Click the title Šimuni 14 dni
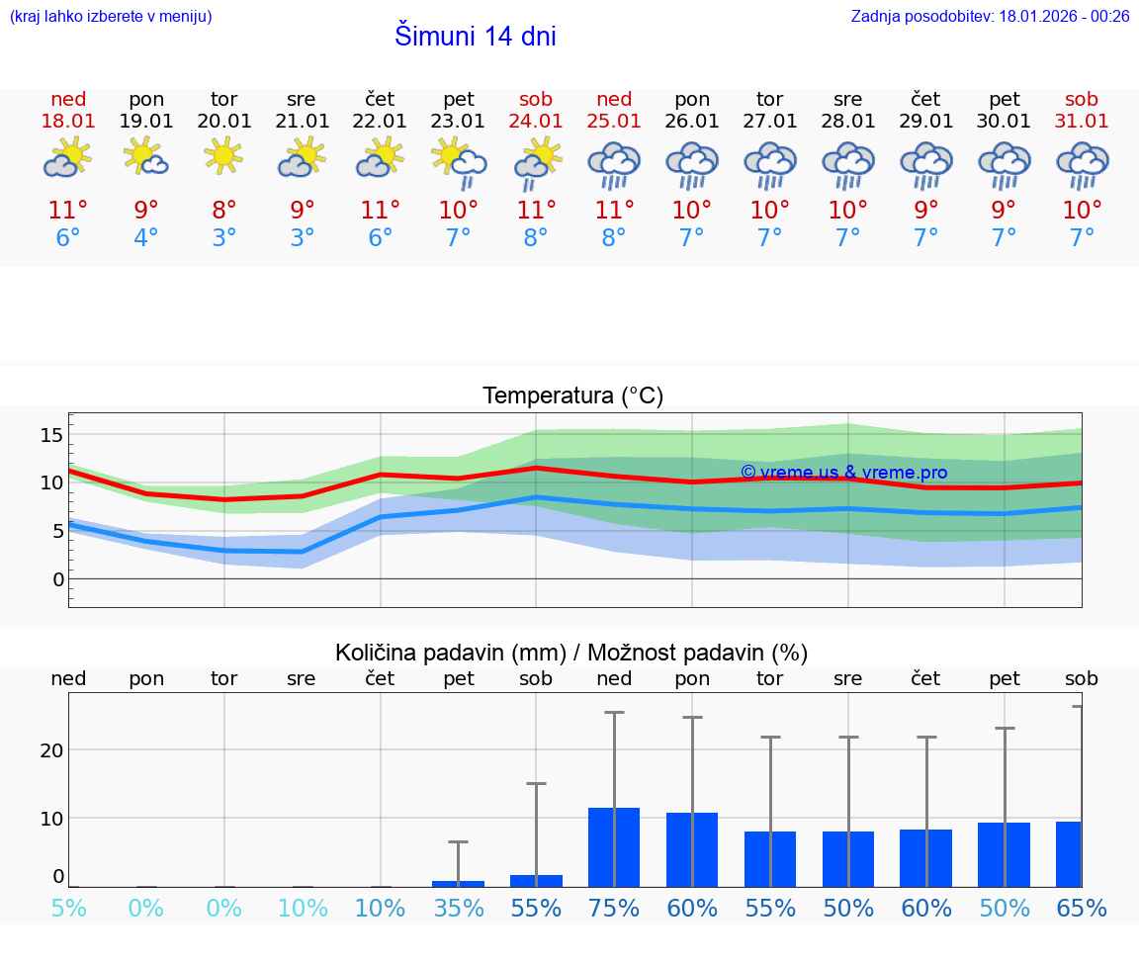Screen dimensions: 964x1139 tap(475, 37)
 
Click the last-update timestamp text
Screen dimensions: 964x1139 tap(990, 17)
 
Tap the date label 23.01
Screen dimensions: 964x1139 tap(458, 122)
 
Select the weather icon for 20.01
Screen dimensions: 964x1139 tap(223, 156)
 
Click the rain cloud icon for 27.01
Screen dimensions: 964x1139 tap(770, 164)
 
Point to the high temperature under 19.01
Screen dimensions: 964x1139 tap(146, 211)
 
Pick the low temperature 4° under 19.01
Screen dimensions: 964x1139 tap(146, 238)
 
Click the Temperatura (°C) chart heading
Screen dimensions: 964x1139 tap(572, 396)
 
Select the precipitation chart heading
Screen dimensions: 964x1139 tap(571, 653)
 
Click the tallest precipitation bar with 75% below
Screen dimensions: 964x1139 tap(614, 847)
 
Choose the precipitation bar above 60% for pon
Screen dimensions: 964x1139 tap(692, 849)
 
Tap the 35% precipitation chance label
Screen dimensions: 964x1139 tap(458, 909)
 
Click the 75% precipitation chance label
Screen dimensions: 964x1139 tap(614, 909)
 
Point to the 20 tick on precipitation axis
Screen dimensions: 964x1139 tap(51, 750)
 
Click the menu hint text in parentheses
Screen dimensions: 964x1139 tap(110, 17)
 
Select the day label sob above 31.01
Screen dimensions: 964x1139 tap(1082, 100)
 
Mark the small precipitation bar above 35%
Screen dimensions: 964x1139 tap(458, 883)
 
